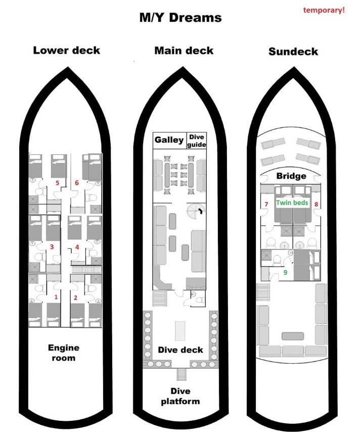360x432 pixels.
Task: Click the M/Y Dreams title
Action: pos(181,18)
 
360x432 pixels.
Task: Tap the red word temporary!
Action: pos(324,10)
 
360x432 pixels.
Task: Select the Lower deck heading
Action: pos(66,50)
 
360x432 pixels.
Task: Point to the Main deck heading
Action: pos(184,51)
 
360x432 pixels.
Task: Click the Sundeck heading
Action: pos(293,52)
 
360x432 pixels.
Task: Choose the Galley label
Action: pos(169,140)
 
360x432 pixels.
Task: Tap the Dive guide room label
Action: pos(196,140)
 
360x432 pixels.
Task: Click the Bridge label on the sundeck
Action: pos(291,176)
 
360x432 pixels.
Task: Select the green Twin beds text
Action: pos(292,202)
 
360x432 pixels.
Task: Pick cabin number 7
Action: pos(266,204)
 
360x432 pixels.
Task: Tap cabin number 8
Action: pos(316,204)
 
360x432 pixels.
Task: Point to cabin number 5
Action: pos(57,183)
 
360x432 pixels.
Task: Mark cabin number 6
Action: pos(77,183)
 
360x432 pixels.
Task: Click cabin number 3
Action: pos(52,247)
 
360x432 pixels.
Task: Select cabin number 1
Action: pos(56,297)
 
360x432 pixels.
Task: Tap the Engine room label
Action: pos(63,353)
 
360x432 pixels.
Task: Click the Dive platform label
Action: pos(180,396)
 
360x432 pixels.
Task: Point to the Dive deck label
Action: pos(180,350)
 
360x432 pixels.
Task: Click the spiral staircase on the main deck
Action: pos(194,210)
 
